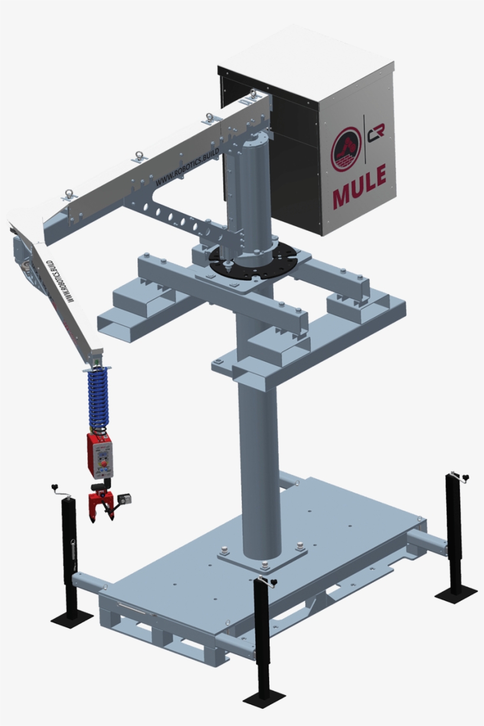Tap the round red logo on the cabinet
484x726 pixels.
346,150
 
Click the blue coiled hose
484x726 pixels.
99,398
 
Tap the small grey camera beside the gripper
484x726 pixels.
125,499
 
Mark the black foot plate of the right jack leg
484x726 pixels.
456,592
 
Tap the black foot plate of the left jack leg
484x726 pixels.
72,619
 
